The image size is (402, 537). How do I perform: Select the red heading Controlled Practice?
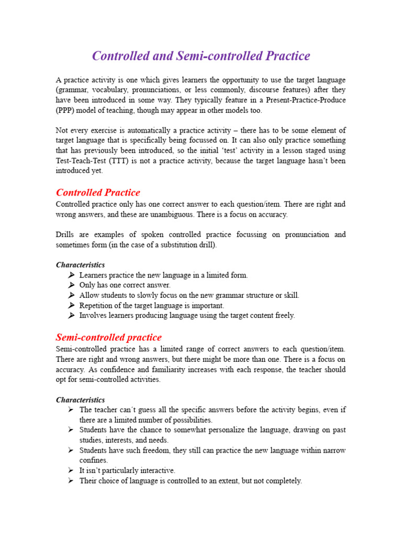tap(98, 192)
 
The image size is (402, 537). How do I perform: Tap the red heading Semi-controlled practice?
tap(108, 337)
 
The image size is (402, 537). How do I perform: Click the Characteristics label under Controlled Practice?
tap(80, 265)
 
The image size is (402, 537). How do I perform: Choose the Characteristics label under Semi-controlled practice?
tap(80, 400)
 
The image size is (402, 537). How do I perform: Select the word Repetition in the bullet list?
tap(97, 305)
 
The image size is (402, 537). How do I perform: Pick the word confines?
tap(94, 460)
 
